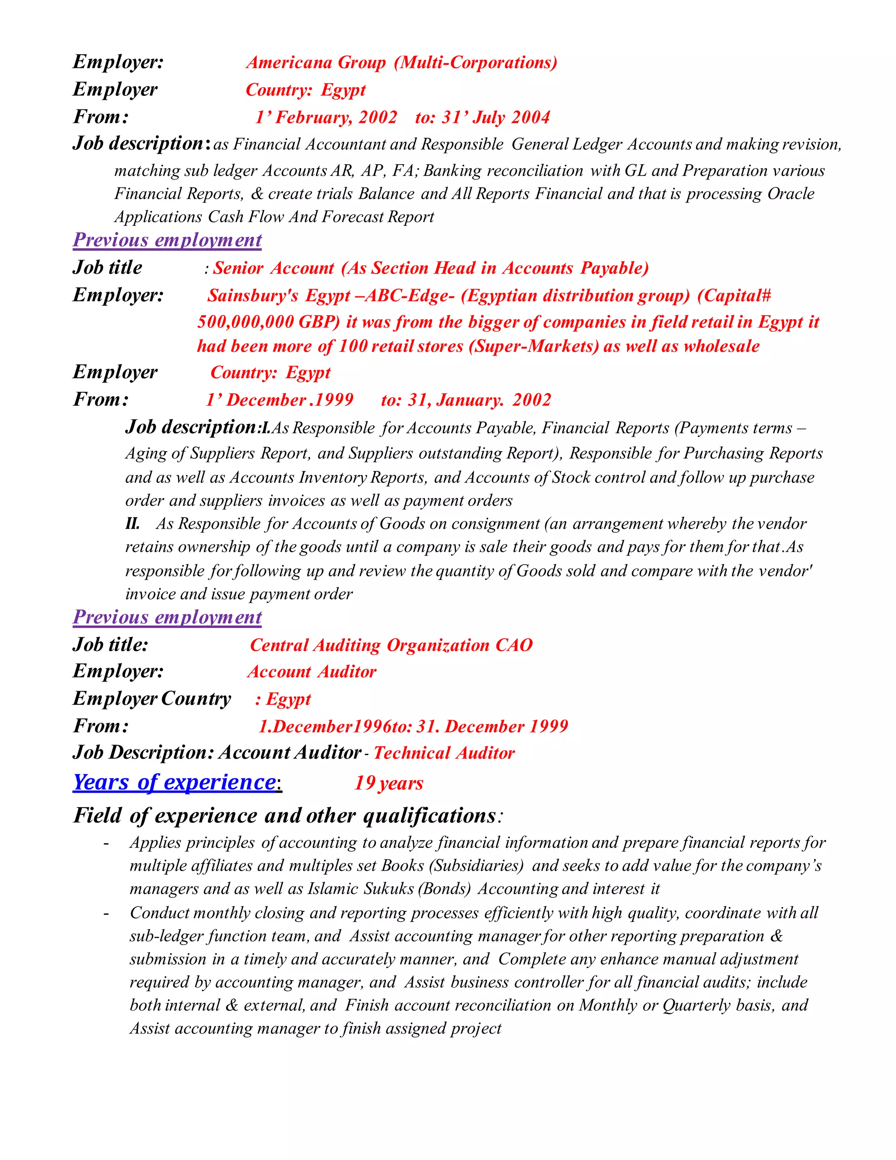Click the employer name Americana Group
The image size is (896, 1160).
316,63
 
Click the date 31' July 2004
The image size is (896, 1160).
496,117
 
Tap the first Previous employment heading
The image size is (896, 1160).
167,241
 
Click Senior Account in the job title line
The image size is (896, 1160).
273,268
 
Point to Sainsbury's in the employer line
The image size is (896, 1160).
253,296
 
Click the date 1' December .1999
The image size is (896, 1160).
279,400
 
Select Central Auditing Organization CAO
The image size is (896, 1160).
391,645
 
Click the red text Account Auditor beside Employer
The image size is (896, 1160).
311,672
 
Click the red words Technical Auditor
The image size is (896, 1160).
444,753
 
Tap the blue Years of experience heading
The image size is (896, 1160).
175,783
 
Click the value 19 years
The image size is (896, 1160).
388,784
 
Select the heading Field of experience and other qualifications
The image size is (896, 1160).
285,816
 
